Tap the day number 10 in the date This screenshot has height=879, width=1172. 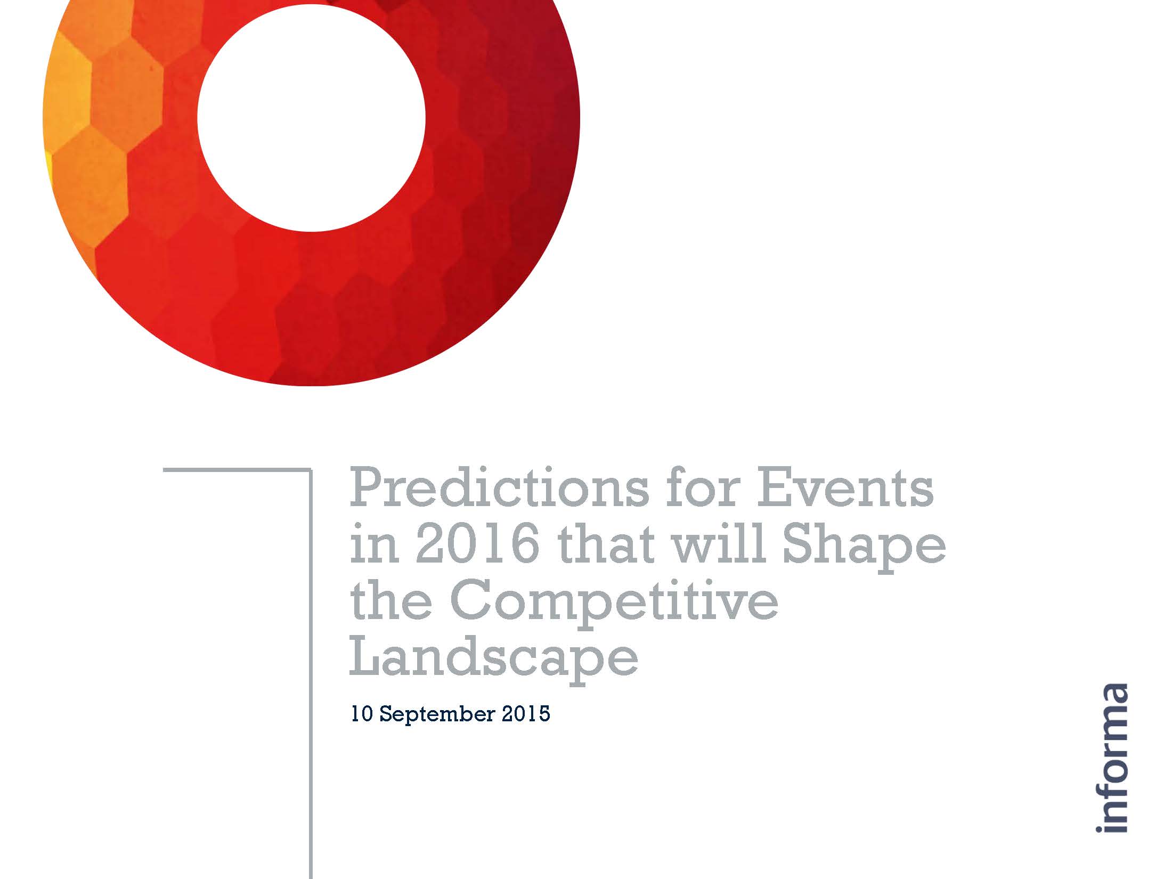click(362, 713)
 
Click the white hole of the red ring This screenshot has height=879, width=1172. click(312, 117)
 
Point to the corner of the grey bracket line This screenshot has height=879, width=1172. click(311, 469)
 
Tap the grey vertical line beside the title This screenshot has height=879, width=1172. click(311, 673)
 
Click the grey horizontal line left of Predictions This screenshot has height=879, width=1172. click(237, 469)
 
